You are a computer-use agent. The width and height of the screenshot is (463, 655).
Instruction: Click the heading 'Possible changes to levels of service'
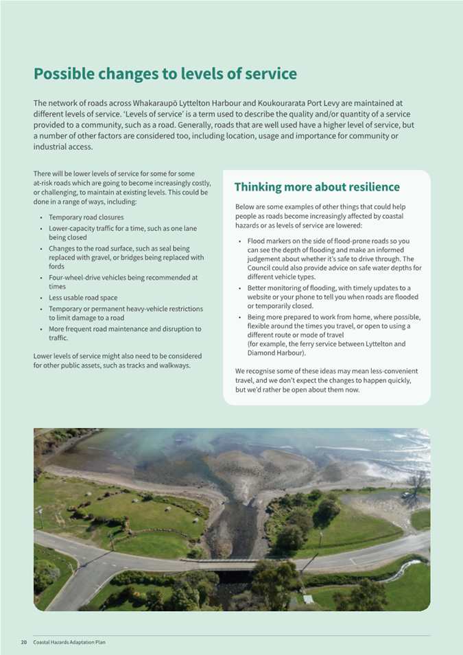[165, 73]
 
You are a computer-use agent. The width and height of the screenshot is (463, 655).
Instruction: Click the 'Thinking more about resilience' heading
[317, 187]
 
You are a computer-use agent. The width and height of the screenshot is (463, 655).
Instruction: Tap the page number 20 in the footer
[23, 643]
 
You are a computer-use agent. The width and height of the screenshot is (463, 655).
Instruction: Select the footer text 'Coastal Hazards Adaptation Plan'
[69, 643]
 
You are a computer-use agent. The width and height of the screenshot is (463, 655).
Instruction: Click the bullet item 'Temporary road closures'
[86, 217]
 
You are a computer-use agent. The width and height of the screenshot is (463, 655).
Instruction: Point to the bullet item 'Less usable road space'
[83, 298]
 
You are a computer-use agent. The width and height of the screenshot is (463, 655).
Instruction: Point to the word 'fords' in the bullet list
[57, 266]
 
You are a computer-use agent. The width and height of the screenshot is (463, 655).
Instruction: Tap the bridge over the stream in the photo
[232, 566]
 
